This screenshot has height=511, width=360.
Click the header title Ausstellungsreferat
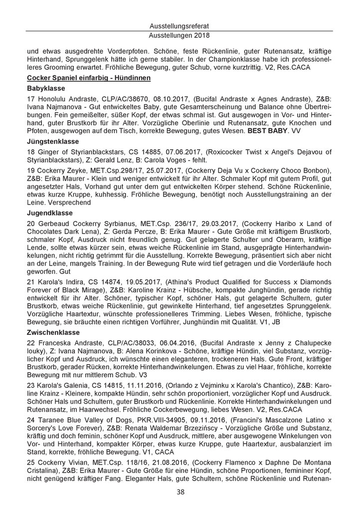180,26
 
